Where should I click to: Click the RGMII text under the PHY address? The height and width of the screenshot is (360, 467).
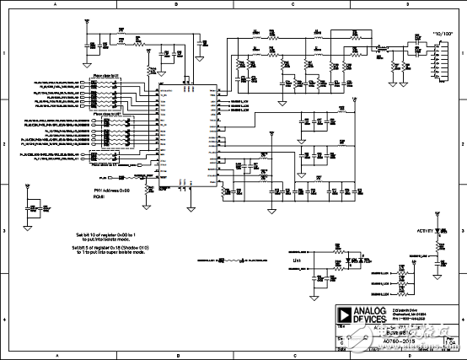point(98,199)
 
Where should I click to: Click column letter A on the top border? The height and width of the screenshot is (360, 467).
point(56,5)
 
